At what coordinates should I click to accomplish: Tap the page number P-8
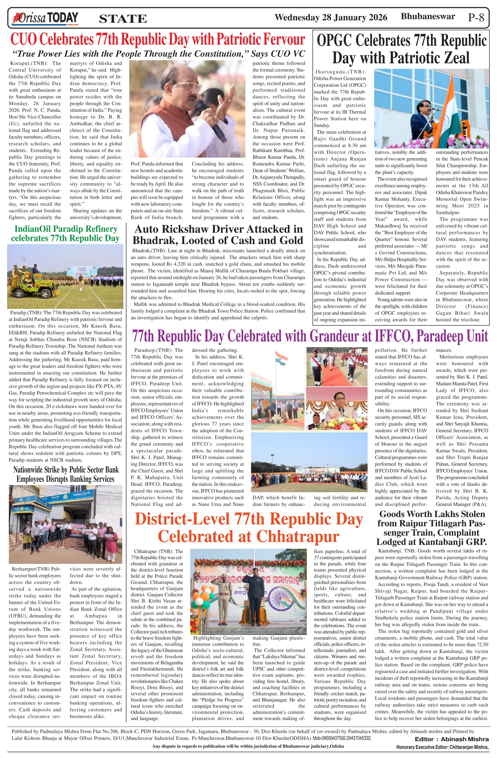tap(476, 17)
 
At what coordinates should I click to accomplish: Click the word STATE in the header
tap(123, 19)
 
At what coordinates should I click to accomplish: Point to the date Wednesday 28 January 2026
tap(331, 17)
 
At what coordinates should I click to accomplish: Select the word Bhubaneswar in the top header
tap(428, 16)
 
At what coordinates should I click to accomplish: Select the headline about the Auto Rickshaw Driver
tap(218, 234)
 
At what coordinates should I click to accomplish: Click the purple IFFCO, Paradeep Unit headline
tap(310, 336)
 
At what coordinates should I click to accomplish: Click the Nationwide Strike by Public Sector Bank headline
tap(65, 474)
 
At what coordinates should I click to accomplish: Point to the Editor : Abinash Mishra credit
tap(451, 739)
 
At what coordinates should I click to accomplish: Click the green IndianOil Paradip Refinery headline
tap(65, 234)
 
